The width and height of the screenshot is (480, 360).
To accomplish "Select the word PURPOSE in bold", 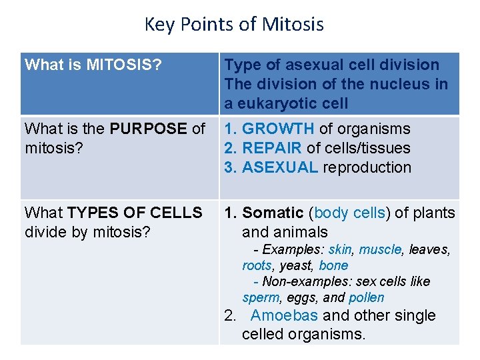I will (x=140, y=129).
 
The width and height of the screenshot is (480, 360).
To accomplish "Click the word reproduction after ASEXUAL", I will (x=367, y=167).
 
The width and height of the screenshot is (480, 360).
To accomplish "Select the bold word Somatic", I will (x=273, y=213).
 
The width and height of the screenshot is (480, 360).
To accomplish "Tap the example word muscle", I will (x=381, y=250).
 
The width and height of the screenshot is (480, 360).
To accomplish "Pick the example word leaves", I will (x=429, y=250).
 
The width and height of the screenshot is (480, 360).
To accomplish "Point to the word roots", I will (x=257, y=265).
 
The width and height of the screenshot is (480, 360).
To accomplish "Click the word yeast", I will (x=295, y=265).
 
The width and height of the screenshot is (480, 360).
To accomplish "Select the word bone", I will (x=333, y=265).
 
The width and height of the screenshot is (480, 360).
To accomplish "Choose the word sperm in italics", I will (x=260, y=297).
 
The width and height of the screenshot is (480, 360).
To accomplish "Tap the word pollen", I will (x=367, y=297).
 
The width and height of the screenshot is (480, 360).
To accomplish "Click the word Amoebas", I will (x=284, y=316).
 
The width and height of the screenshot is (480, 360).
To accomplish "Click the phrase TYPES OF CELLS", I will (x=135, y=213).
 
